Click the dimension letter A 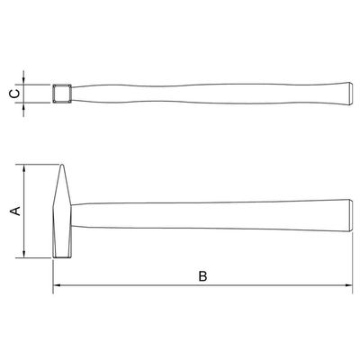click(15, 211)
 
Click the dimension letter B click(202, 276)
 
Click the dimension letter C click(15, 94)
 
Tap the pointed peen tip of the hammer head click(62, 165)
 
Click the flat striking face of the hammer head click(62, 257)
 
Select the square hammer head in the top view click(62, 94)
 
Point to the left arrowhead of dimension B click(57, 284)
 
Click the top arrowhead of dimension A click(24, 168)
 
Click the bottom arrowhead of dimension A click(24, 254)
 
